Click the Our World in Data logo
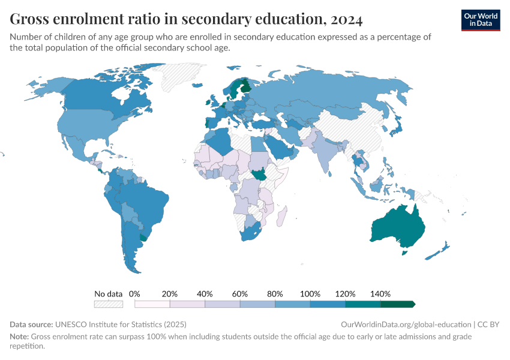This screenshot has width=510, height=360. pos(480,20)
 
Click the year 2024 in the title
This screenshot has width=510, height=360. pos(345,20)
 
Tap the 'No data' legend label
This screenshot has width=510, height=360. pos(109,294)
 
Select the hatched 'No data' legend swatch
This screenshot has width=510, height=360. pos(109,304)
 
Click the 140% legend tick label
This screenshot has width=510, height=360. pos(381,294)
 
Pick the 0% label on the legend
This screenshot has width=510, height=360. pos(134,294)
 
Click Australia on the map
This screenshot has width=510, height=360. pos(399,228)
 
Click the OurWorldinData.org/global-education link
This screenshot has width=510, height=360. pos(406,324)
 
